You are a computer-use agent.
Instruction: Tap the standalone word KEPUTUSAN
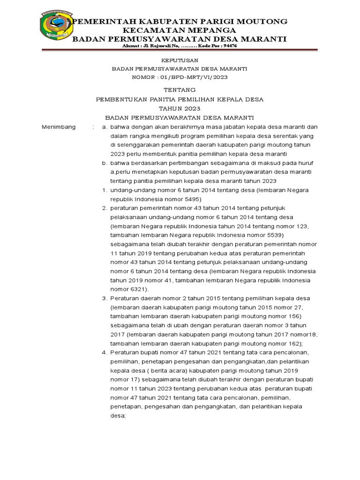tap(180, 60)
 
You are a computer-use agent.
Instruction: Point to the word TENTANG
tap(180, 90)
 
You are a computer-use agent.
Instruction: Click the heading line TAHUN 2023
tap(180, 108)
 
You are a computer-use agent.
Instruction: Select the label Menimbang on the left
tap(59, 127)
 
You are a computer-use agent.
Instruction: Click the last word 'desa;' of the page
tap(118, 415)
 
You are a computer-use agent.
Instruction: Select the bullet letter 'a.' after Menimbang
tap(105, 127)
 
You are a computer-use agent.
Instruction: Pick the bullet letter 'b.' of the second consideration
tap(105, 163)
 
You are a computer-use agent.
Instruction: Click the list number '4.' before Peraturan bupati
tap(105, 352)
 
